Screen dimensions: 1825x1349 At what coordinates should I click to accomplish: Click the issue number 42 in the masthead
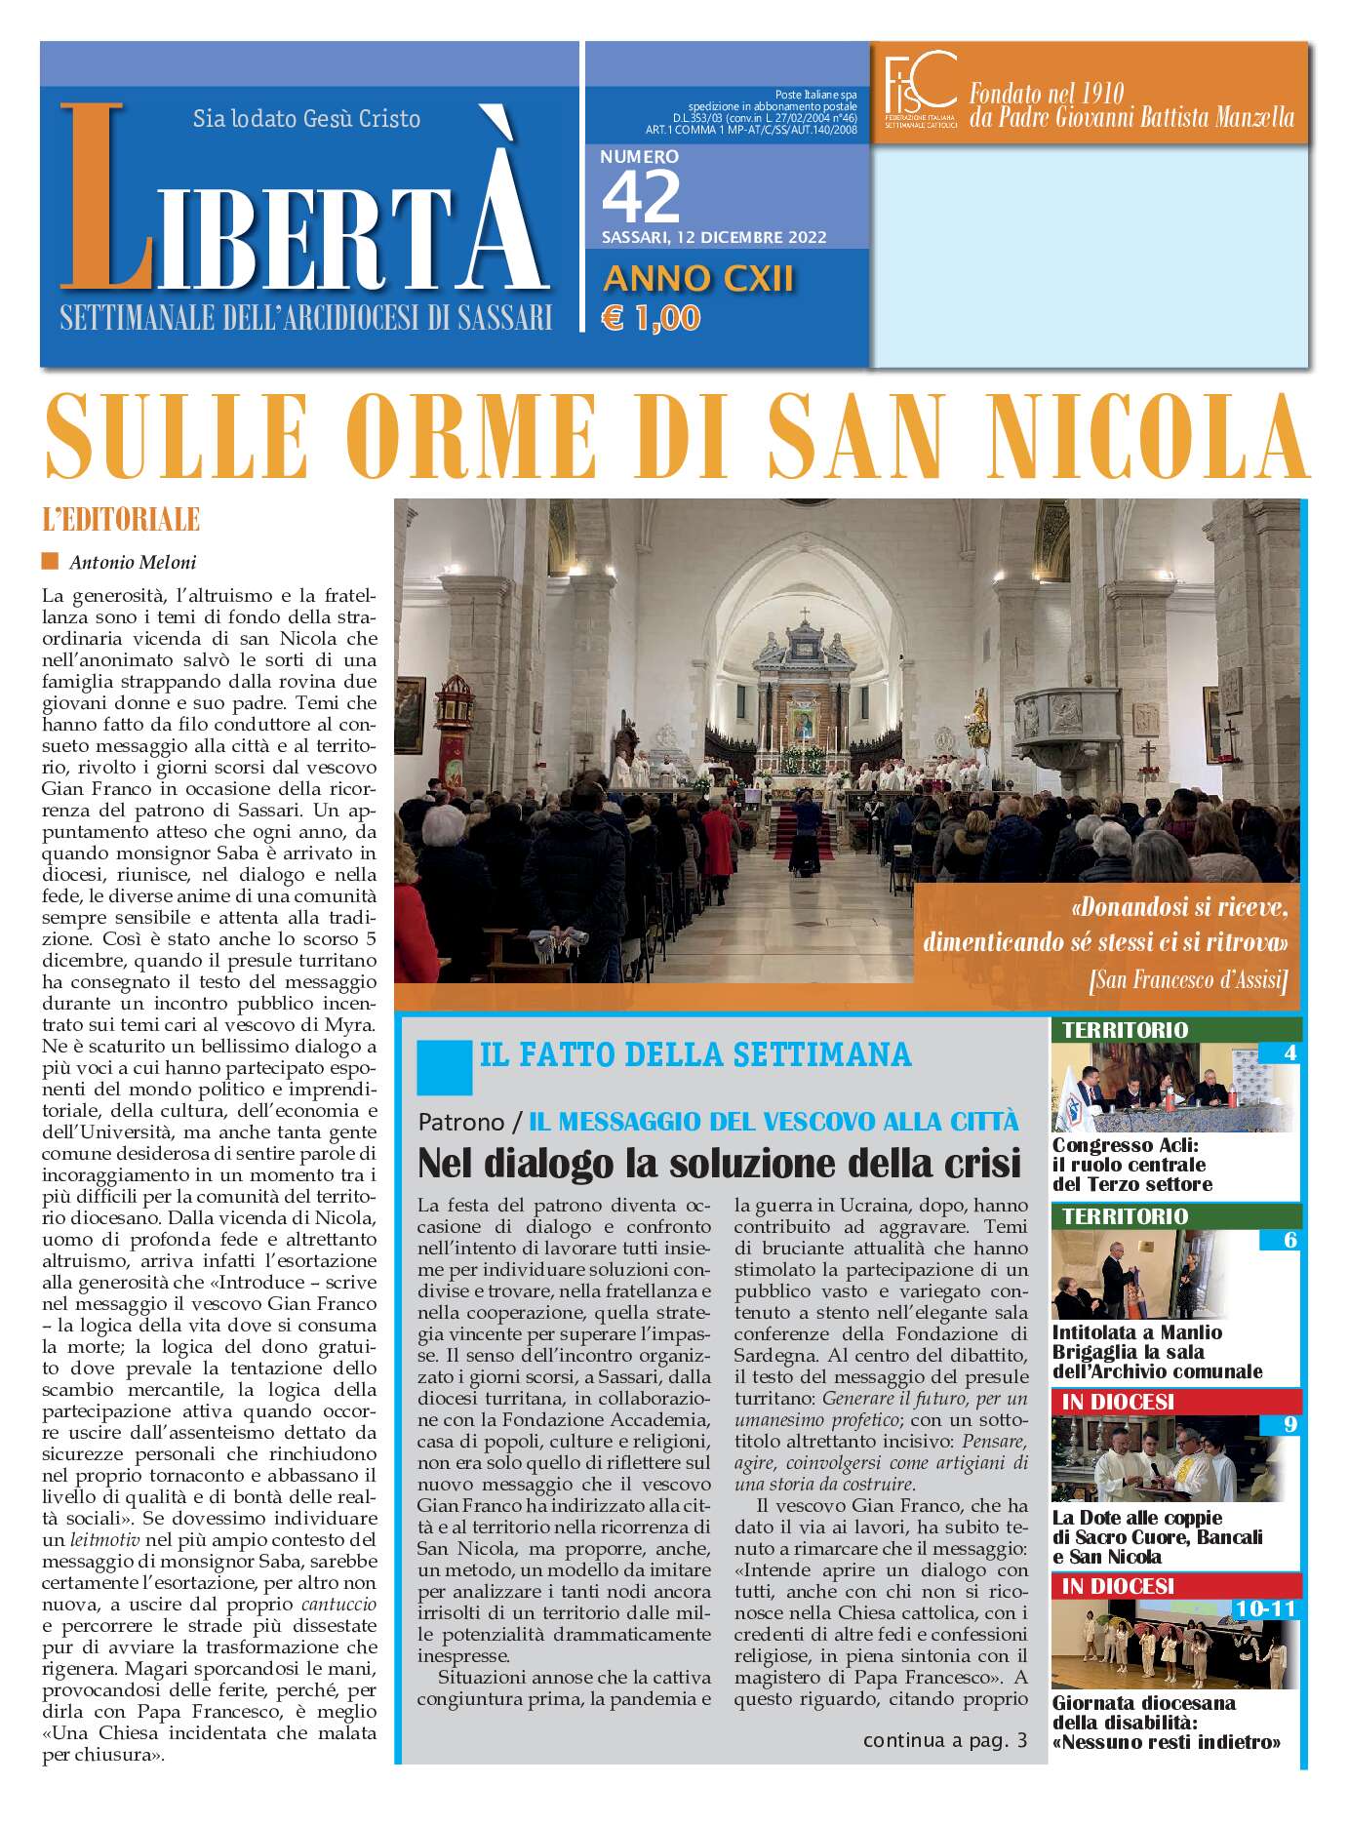[640, 197]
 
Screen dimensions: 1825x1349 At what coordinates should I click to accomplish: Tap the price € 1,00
[651, 318]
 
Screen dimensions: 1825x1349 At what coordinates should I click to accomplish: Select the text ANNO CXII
[698, 280]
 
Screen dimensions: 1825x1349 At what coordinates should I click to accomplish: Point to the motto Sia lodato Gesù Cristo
[306, 119]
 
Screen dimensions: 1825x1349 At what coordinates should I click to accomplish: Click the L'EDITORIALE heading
[121, 520]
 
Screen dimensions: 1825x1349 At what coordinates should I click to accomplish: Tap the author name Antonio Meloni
[133, 562]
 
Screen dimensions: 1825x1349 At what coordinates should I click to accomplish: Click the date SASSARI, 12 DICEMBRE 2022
[714, 237]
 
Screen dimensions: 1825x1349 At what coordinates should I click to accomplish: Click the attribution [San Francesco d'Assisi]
[1188, 979]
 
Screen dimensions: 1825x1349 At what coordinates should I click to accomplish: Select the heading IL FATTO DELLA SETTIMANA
[695, 1054]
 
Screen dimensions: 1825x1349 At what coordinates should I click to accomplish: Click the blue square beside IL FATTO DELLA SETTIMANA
[444, 1067]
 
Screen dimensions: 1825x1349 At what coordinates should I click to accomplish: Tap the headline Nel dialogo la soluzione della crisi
[719, 1163]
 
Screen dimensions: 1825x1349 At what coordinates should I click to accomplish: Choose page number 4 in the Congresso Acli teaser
[1289, 1052]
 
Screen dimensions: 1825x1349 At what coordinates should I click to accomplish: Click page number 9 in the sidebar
[1289, 1425]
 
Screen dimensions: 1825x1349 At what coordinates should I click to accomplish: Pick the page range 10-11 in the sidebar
[1264, 1607]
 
